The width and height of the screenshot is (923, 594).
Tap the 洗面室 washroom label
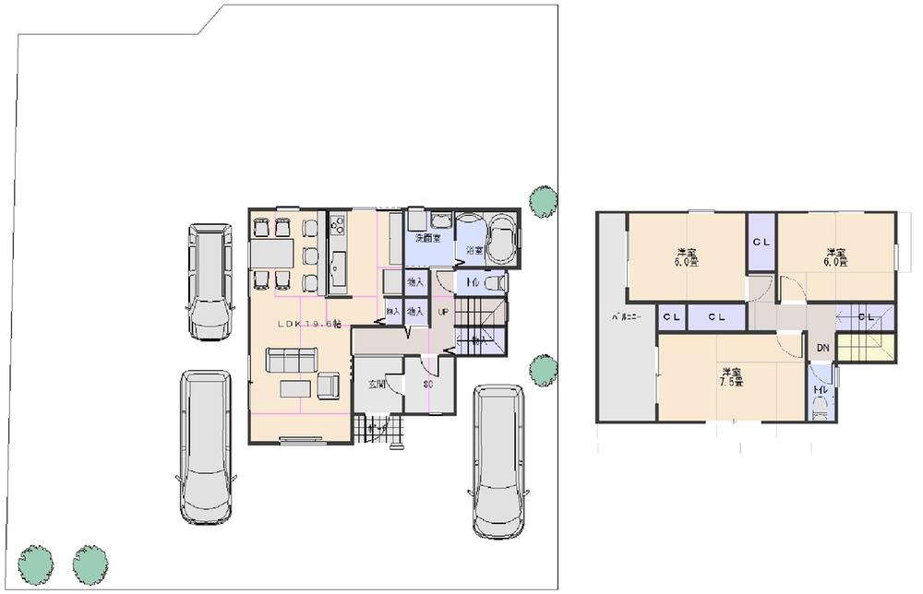pos(426,238)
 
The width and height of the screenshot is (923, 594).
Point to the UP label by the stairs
pos(443,313)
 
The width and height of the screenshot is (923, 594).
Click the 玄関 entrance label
pos(375,384)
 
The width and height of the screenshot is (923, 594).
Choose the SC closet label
pos(428,384)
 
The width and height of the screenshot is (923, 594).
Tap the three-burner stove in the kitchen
pos(337,223)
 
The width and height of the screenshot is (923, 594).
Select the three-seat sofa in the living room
pos(290,360)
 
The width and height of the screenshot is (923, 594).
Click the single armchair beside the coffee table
pos(329,386)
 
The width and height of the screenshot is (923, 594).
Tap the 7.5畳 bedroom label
pos(733,377)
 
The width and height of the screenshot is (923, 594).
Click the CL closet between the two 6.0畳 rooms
pos(761,243)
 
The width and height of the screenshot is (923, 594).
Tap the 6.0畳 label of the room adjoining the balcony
pos(685,257)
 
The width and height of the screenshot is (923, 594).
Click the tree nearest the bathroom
pos(543,200)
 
